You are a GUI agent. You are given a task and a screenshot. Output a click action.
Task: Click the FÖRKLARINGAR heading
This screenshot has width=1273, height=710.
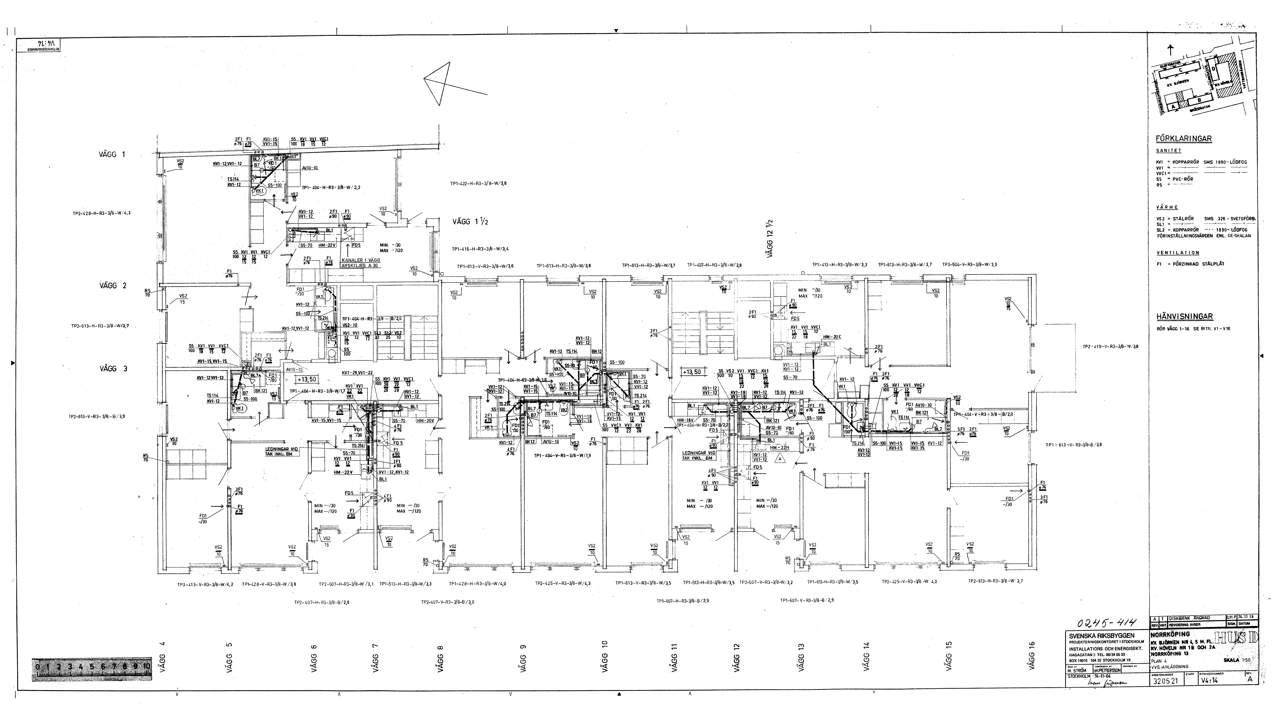coord(1184,139)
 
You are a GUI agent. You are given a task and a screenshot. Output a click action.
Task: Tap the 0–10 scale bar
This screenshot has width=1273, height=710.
coord(92,666)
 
